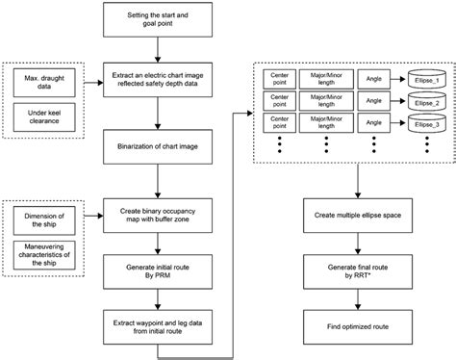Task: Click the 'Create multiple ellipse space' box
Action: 358,215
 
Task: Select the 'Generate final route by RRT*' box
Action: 358,270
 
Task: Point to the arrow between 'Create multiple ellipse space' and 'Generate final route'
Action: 358,242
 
